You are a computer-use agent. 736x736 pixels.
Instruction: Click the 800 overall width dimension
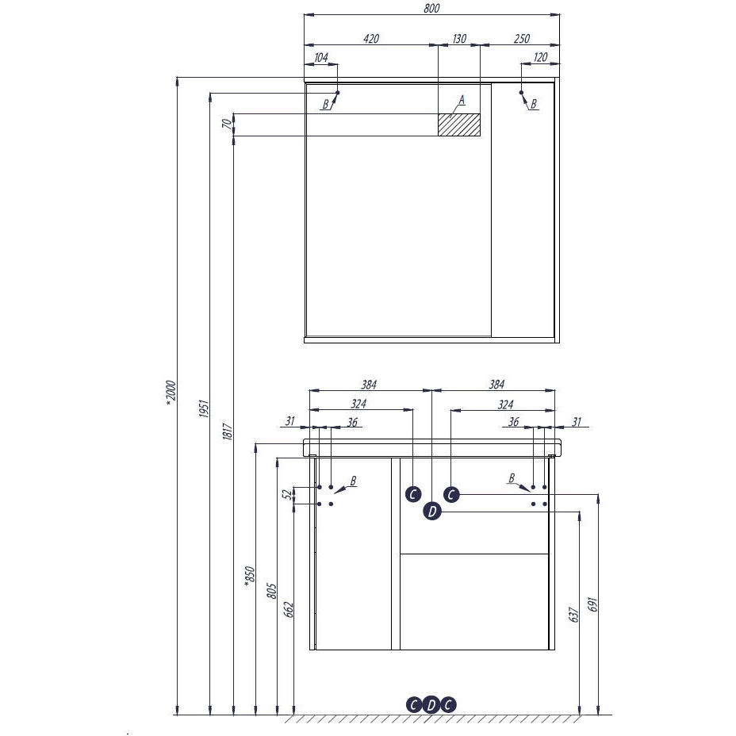431,8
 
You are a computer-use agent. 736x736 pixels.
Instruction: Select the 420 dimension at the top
371,39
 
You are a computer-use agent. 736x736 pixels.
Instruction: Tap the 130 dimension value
459,39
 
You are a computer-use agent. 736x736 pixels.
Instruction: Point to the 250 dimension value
522,39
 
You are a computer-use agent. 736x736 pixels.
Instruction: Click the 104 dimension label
320,57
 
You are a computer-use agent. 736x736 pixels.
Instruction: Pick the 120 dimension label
540,57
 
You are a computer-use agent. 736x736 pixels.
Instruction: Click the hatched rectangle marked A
459,125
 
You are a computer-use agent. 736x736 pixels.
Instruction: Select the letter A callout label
462,100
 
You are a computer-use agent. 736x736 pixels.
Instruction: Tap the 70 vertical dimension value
227,125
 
